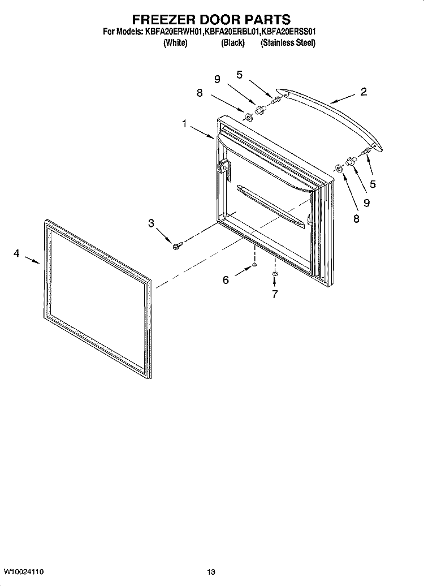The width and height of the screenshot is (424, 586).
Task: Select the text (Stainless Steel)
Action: (288, 43)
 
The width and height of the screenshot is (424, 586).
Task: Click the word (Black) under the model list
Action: (232, 43)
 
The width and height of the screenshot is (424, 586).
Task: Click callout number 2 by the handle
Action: (363, 92)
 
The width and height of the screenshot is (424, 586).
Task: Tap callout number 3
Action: (151, 223)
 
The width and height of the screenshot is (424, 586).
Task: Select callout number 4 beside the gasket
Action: (16, 254)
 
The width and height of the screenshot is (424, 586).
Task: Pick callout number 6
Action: (226, 279)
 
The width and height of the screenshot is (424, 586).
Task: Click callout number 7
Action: (275, 294)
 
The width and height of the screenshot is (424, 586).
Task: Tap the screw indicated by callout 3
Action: (176, 245)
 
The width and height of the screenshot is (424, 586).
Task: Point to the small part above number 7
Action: (275, 274)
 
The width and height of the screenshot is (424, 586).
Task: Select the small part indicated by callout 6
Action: (255, 264)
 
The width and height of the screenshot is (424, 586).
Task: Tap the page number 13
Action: (211, 571)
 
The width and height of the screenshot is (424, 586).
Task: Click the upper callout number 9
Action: (217, 80)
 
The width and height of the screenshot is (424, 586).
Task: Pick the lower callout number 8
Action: (356, 219)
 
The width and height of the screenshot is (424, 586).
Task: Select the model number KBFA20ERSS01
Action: (291, 33)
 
